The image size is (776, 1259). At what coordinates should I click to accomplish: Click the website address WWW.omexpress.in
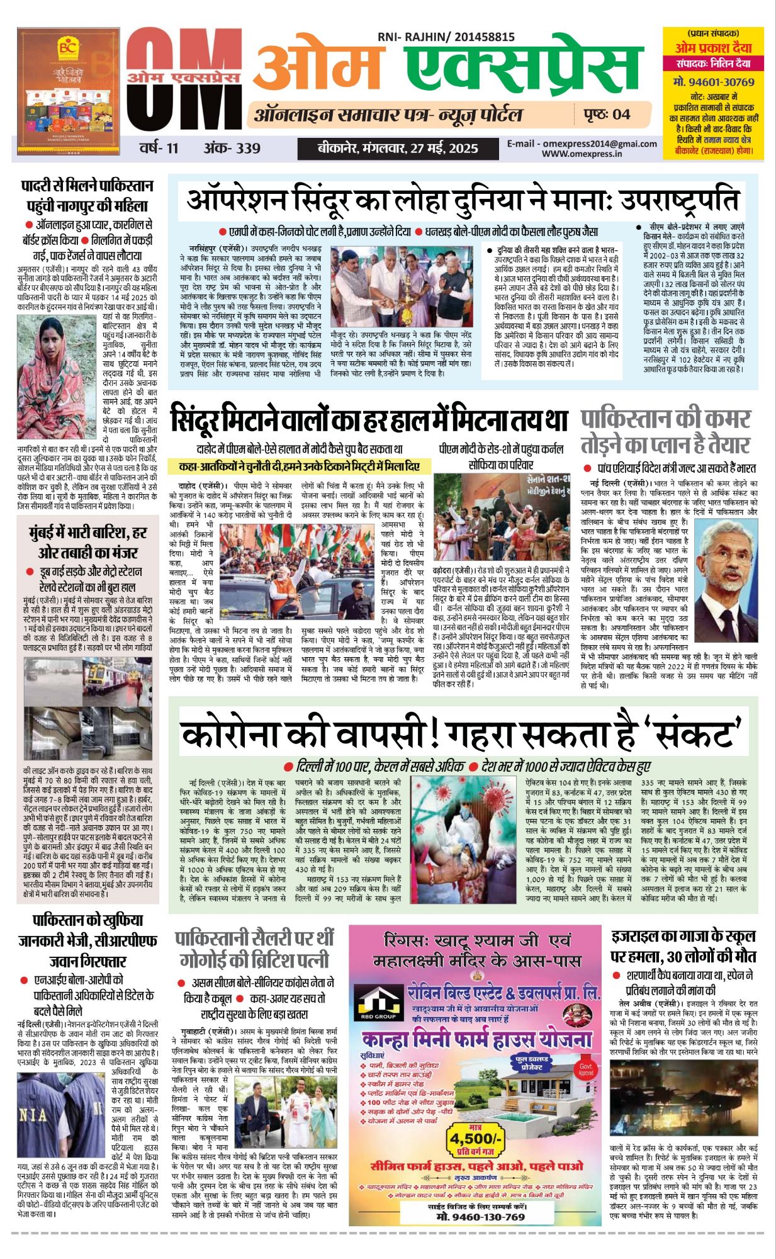coord(582,153)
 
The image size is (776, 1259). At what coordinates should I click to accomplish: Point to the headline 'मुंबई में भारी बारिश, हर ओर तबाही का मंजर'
coord(87,542)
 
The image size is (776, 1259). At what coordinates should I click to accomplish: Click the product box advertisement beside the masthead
coord(68,91)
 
